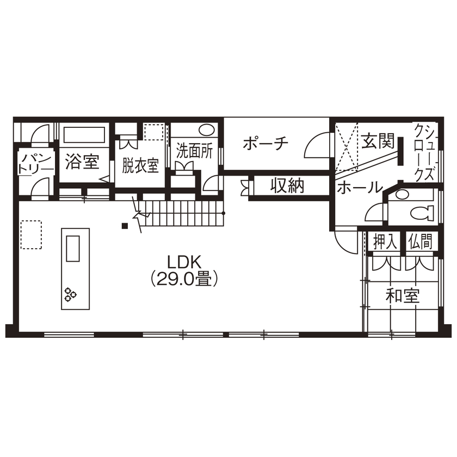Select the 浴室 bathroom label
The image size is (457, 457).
(x=82, y=161)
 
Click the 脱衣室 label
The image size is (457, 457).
(x=140, y=165)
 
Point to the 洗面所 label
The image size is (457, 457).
(x=194, y=151)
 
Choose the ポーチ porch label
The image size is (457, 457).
(x=265, y=144)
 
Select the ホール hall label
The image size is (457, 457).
(x=360, y=188)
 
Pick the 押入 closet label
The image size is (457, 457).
(x=385, y=242)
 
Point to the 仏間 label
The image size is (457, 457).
(x=420, y=242)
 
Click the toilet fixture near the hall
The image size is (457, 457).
(x=421, y=212)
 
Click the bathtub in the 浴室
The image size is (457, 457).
(x=84, y=135)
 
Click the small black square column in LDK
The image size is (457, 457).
(x=125, y=226)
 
